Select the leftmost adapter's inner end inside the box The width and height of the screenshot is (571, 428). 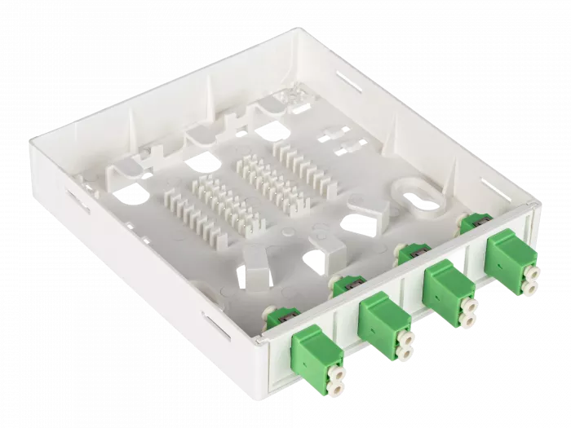[277, 323]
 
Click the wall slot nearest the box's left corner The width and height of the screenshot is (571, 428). [79, 199]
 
